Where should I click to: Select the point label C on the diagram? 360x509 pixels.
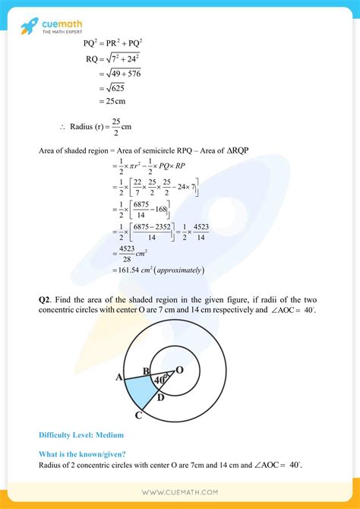[x=137, y=416]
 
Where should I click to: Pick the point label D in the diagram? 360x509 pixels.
[x=159, y=396]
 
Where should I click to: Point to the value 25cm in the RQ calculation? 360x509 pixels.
[x=115, y=100]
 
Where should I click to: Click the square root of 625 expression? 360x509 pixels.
[x=119, y=86]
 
